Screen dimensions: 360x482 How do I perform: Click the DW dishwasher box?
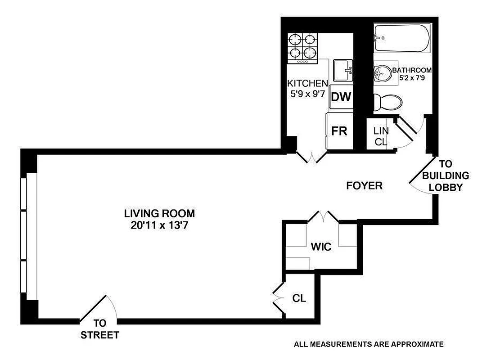click(341, 97)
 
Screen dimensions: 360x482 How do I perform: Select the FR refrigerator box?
click(338, 131)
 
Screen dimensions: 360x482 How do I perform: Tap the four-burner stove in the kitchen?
click(303, 47)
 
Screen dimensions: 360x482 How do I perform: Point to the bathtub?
click(401, 39)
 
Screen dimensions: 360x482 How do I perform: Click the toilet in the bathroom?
click(387, 101)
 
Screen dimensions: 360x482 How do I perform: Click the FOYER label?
click(364, 185)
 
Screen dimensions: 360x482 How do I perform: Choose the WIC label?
click(321, 247)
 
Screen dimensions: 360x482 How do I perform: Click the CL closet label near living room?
click(299, 298)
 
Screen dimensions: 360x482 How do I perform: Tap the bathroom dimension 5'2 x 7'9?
click(412, 78)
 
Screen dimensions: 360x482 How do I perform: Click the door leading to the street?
click(97, 309)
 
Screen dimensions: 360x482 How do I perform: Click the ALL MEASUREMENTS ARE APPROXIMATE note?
click(369, 345)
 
